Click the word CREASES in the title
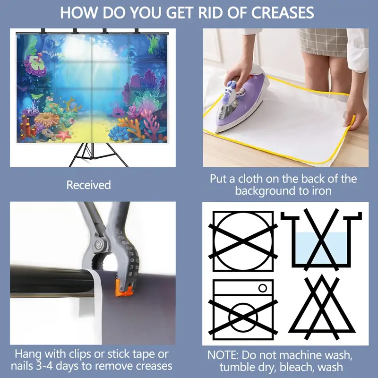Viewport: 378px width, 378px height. [x=283, y=13]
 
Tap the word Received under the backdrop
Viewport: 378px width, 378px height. [x=88, y=185]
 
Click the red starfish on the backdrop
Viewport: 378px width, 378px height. [x=64, y=135]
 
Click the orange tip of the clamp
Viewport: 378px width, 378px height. [x=124, y=288]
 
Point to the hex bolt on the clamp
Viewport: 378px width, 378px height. [x=98, y=244]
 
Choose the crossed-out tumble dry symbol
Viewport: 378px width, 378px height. [x=243, y=241]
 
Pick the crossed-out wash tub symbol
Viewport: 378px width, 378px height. [x=321, y=240]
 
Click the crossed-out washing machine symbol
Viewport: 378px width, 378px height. [x=243, y=309]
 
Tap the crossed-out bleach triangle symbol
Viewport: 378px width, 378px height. [x=322, y=308]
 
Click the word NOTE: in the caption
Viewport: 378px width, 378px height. [x=223, y=355]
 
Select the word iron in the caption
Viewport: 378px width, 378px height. [x=322, y=191]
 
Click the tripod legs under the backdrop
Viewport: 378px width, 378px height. [x=98, y=155]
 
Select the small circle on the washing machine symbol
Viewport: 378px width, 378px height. [x=263, y=288]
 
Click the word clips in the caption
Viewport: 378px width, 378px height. [x=80, y=354]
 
